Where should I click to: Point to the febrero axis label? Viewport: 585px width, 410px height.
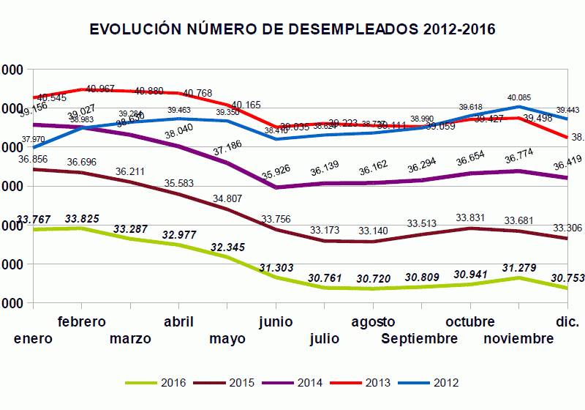pos(82,322)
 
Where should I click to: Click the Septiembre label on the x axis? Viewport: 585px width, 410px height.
pos(420,338)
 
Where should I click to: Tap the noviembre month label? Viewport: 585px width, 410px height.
pos(518,338)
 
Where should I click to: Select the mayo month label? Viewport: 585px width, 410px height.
pos(227,338)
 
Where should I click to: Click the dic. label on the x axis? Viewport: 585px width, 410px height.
pos(567,322)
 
